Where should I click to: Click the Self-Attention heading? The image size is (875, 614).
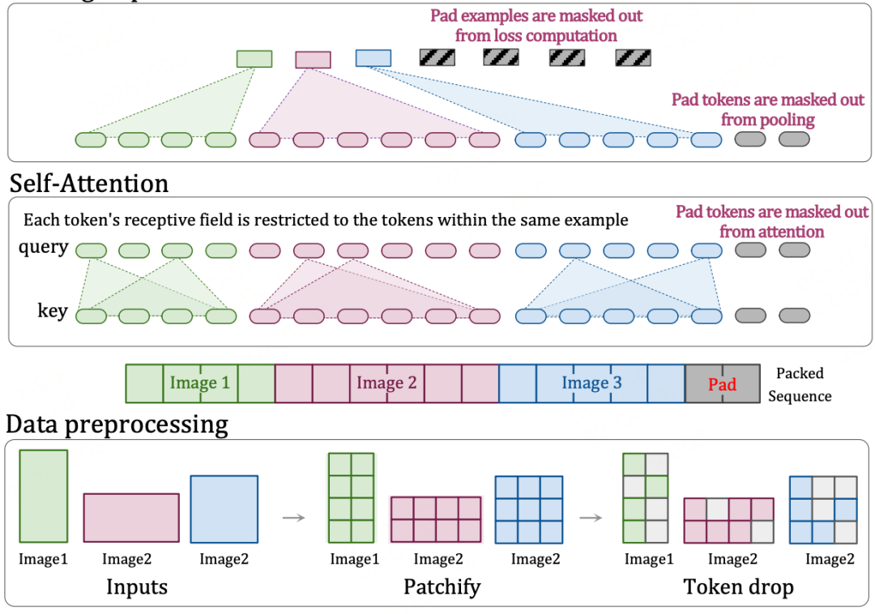[x=89, y=183]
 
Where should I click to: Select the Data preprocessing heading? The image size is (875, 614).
[x=117, y=424]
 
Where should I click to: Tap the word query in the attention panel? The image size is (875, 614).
[x=43, y=247]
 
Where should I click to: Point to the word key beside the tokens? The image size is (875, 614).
[x=53, y=310]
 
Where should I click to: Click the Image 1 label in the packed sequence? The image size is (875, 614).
[x=199, y=383]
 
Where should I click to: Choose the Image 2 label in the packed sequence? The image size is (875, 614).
[x=386, y=383]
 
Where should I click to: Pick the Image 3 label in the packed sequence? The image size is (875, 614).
[x=591, y=383]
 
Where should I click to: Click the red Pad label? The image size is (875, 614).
[x=722, y=384]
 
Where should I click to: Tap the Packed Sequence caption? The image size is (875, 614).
[x=800, y=385]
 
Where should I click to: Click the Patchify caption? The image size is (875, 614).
[x=442, y=586]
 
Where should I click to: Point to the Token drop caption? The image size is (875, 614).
[x=738, y=586]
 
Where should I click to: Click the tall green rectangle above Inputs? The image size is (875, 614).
[x=43, y=496]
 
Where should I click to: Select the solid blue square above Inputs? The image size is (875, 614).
[x=224, y=509]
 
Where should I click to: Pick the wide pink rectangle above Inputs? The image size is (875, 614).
[x=131, y=518]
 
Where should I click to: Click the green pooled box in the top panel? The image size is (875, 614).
[x=254, y=58]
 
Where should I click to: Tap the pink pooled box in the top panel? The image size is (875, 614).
[x=313, y=59]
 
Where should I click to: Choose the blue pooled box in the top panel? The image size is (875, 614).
[x=373, y=58]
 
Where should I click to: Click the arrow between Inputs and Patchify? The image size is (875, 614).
[x=293, y=517]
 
